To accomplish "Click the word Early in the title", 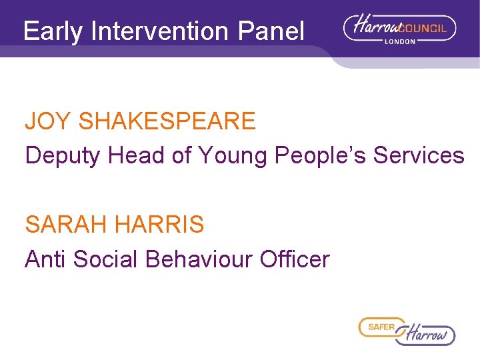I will click(53, 31).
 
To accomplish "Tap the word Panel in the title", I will click(275, 31).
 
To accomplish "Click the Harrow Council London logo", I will click(399, 30).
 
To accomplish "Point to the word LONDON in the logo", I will click(400, 41).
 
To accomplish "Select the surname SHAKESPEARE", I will click(167, 121).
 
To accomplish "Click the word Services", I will click(419, 155).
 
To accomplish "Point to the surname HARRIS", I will click(159, 225).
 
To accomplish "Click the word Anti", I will click(45, 259).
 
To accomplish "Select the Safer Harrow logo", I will click(407, 331).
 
